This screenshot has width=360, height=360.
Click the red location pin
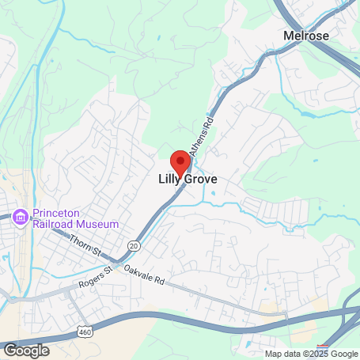[x=181, y=162]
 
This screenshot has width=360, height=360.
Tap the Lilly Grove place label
[x=183, y=180]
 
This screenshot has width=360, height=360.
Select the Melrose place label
[x=306, y=36]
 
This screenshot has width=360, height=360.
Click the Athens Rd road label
[x=204, y=127]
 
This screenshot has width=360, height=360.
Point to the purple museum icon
[x=21, y=216]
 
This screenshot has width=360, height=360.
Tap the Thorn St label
[x=85, y=247]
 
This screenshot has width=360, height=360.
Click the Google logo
[x=26, y=350]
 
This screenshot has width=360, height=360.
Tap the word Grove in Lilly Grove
[x=199, y=180]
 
